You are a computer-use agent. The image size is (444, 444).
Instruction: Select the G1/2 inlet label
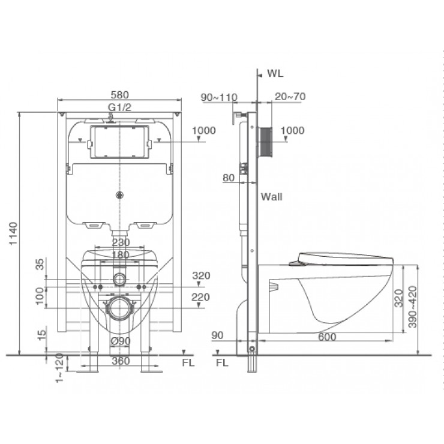[119, 107]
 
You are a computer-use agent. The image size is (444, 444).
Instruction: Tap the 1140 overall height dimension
[15, 235]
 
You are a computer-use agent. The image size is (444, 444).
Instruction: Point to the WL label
[275, 74]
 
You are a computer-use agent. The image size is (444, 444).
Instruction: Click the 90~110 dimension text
[219, 97]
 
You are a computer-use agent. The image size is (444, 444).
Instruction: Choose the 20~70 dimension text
[290, 97]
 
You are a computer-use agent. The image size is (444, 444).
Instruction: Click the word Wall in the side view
[271, 196]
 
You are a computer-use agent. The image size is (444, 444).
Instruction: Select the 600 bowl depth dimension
[326, 338]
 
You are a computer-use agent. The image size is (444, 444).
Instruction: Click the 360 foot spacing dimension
[120, 361]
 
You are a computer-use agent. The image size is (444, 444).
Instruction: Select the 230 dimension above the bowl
[120, 243]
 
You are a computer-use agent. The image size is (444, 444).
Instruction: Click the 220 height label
[200, 297]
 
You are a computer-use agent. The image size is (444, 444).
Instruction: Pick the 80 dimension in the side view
[228, 178]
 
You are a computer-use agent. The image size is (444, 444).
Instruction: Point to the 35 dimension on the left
[40, 265]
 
